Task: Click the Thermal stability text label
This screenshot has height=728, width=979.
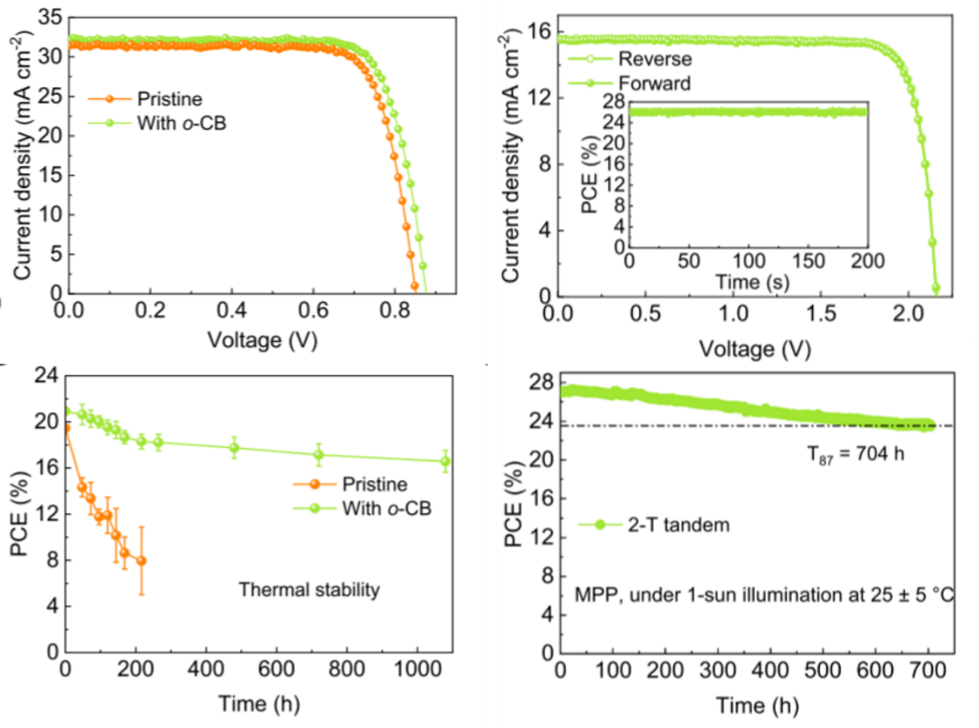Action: tap(309, 590)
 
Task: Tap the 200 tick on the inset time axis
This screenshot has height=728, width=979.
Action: tap(867, 264)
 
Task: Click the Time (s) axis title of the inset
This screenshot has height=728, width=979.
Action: tap(746, 283)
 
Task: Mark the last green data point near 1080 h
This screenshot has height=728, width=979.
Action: tap(446, 461)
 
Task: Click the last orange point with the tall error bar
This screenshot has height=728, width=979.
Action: tap(141, 560)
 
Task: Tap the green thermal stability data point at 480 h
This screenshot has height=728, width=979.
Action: tap(234, 448)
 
